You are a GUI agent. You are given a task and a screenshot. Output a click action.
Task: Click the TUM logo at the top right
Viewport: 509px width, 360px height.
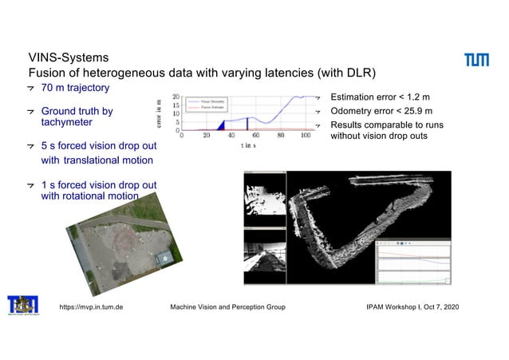(x=478, y=61)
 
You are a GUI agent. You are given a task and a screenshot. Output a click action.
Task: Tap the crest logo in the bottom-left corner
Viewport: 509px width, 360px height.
(x=22, y=306)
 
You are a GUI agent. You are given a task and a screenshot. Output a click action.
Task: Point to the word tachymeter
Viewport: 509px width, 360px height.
(x=66, y=123)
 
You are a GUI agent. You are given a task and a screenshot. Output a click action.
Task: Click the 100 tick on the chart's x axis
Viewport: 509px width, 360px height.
(x=306, y=136)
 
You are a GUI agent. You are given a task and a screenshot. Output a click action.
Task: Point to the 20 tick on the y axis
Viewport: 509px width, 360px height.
(x=176, y=97)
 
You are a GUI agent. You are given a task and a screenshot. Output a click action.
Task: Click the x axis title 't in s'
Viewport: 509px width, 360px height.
(x=249, y=145)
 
